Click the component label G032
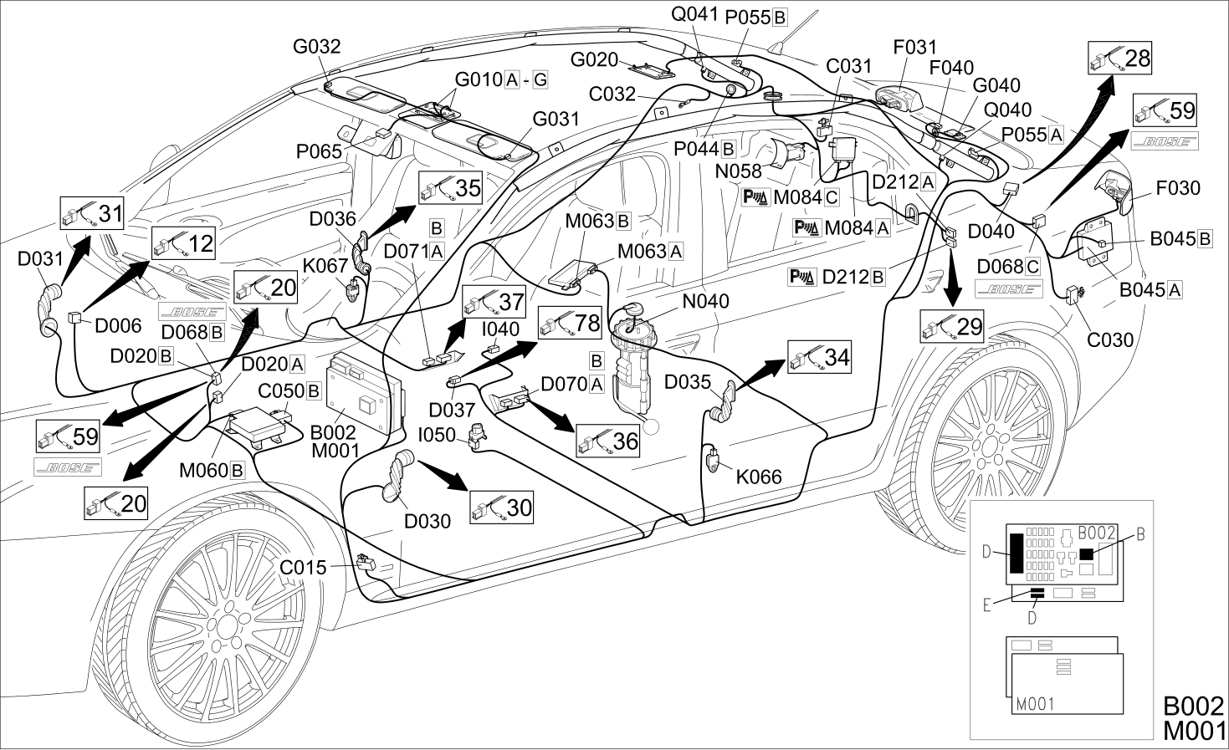tap(316, 47)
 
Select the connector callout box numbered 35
tap(450, 187)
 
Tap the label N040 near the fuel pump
tap(705, 301)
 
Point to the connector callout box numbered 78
tap(570, 323)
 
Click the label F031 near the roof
tap(915, 47)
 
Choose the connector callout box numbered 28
tap(1119, 58)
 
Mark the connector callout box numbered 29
tap(952, 326)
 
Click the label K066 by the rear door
tap(759, 477)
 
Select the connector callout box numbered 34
tap(820, 357)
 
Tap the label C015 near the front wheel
tap(303, 568)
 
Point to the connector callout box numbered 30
tap(501, 508)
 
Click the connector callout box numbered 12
tap(183, 242)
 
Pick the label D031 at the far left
tap(40, 258)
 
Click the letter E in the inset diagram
tap(987, 605)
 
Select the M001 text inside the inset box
tap(1036, 704)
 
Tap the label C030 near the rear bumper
tap(1110, 340)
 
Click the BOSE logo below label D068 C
tap(1009, 289)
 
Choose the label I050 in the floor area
tap(437, 435)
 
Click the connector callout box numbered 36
tap(608, 441)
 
